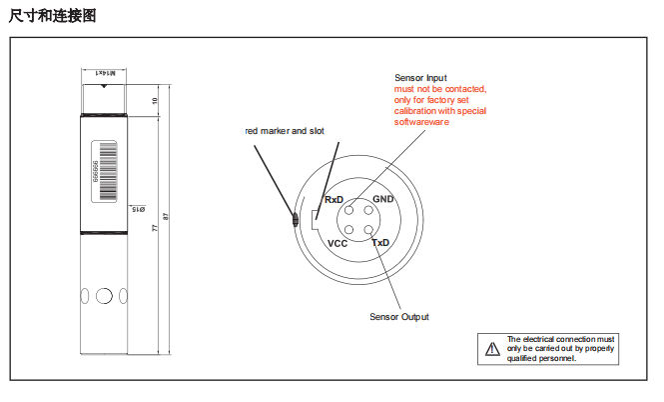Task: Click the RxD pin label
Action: coord(333,200)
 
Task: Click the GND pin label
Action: coord(383,200)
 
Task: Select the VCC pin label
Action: coord(337,243)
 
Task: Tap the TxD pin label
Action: coord(380,243)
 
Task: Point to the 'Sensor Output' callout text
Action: coord(399,317)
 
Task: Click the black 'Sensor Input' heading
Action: coord(421,78)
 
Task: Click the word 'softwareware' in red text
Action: coord(422,122)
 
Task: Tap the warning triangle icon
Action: coord(491,348)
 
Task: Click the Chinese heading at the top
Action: coord(52,15)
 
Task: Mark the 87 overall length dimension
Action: coord(165,217)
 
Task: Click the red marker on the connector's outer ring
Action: coord(295,220)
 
